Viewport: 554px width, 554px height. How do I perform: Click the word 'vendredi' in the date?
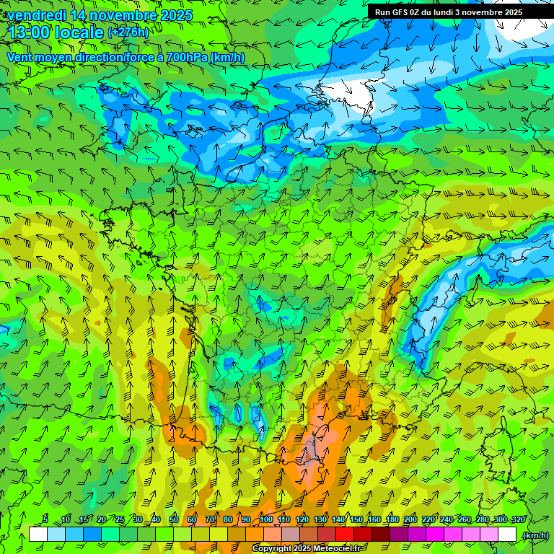point(34,15)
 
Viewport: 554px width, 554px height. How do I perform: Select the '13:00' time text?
point(27,32)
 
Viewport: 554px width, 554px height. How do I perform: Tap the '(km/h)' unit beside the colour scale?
point(534,535)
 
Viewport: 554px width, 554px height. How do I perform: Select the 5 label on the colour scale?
point(45,520)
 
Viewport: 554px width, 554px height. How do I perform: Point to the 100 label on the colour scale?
point(266,520)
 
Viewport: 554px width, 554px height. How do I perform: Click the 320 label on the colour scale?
point(518,520)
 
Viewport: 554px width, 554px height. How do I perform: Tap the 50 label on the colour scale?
point(173,520)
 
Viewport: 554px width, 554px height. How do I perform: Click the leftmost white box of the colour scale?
point(38,535)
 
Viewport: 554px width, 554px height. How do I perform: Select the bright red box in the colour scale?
point(345,535)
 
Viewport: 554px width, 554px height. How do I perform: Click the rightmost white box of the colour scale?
point(507,535)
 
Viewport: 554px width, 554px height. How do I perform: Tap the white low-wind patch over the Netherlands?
point(346,92)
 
